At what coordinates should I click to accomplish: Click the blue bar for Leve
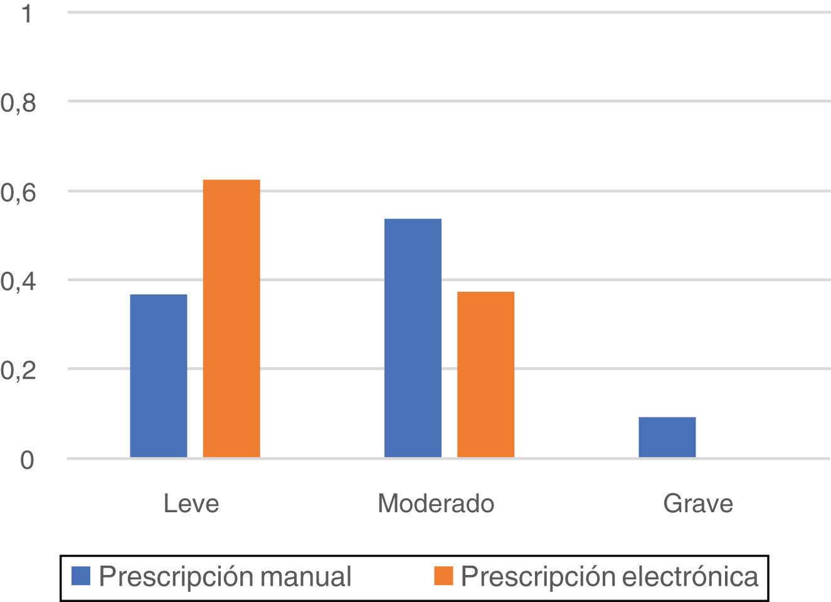point(158,375)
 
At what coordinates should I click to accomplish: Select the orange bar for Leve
point(231,318)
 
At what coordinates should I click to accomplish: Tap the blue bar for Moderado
point(413,338)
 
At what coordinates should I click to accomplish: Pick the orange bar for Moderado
point(485,374)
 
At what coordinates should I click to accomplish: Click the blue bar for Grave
point(667,437)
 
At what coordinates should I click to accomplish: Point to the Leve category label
point(191,503)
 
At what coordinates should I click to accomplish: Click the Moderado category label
point(436,503)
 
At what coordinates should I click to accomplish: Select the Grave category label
point(697,503)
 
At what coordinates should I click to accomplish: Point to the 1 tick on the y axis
point(26,14)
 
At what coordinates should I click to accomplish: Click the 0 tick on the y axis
point(26,460)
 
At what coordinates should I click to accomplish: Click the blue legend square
point(82,576)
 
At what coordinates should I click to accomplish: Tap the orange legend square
point(443,576)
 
